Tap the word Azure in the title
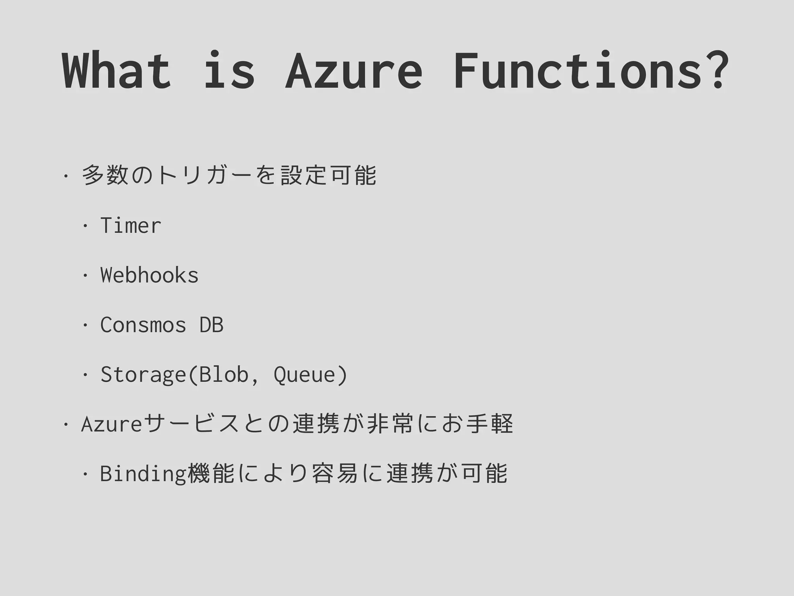point(354,71)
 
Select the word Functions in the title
point(578,71)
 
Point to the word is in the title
point(229,71)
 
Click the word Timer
point(131,225)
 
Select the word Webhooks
point(149,275)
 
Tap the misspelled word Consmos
point(143,325)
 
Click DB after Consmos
point(211,325)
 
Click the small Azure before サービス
point(112,424)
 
